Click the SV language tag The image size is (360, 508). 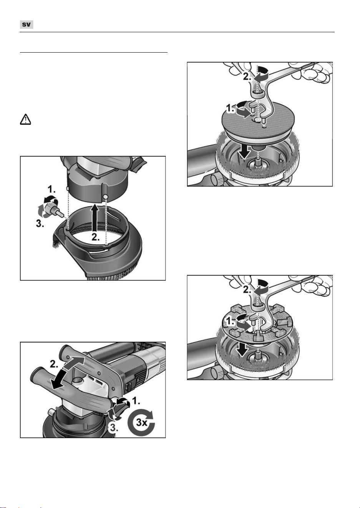(x=27, y=25)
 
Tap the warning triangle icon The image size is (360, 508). (x=25, y=119)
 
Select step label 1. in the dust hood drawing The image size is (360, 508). (x=51, y=189)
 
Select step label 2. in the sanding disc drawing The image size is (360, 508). (x=247, y=76)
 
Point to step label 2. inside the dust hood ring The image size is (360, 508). (x=96, y=237)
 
